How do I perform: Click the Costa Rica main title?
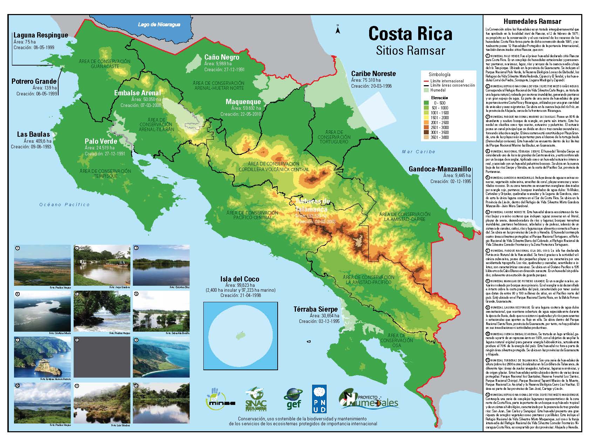pos(410,34)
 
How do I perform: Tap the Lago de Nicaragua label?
pos(159,25)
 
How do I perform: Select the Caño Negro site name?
pos(222,57)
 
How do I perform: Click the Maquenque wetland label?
pos(243,102)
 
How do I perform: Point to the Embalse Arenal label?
pos(137,93)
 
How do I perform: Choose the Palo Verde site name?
pos(101,141)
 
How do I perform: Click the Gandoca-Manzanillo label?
pos(440,169)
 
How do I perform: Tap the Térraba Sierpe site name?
pos(316,309)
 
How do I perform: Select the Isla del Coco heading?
pos(240,279)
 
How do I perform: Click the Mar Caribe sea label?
pos(418,152)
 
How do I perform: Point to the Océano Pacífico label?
pos(65,204)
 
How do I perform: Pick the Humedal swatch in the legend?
pos(426,90)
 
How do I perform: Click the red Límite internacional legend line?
pos(426,81)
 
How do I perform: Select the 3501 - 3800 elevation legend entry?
pos(426,137)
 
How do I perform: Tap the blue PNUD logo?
pos(319,399)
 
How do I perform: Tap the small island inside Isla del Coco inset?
pos(240,336)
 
